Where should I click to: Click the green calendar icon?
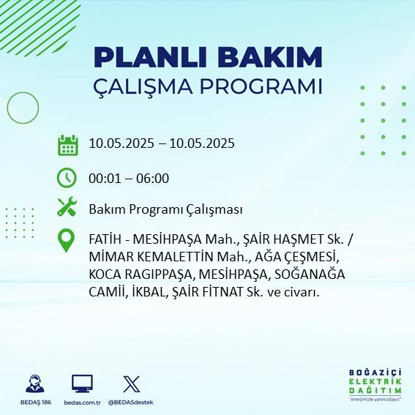(x=67, y=144)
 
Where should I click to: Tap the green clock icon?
(x=67, y=178)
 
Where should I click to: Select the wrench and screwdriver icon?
(x=67, y=207)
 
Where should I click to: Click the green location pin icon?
(x=67, y=241)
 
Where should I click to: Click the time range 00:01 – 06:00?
(x=129, y=178)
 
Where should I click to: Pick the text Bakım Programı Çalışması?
(x=165, y=209)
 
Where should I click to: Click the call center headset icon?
(x=34, y=383)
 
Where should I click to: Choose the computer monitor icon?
(x=82, y=383)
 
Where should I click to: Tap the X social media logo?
(x=131, y=383)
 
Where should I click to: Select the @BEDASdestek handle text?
(x=130, y=403)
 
